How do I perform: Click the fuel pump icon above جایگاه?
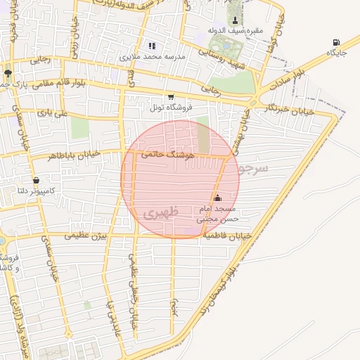[x=335, y=42]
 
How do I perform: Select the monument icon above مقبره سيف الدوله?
[x=234, y=19]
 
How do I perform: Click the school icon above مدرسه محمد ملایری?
[x=151, y=46]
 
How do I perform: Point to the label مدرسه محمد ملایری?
[x=151, y=56]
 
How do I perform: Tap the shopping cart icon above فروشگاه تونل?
[x=170, y=97]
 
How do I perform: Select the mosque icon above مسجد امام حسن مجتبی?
[x=217, y=198]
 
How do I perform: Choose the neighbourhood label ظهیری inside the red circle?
[x=160, y=211]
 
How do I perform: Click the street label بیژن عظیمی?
[x=85, y=236]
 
